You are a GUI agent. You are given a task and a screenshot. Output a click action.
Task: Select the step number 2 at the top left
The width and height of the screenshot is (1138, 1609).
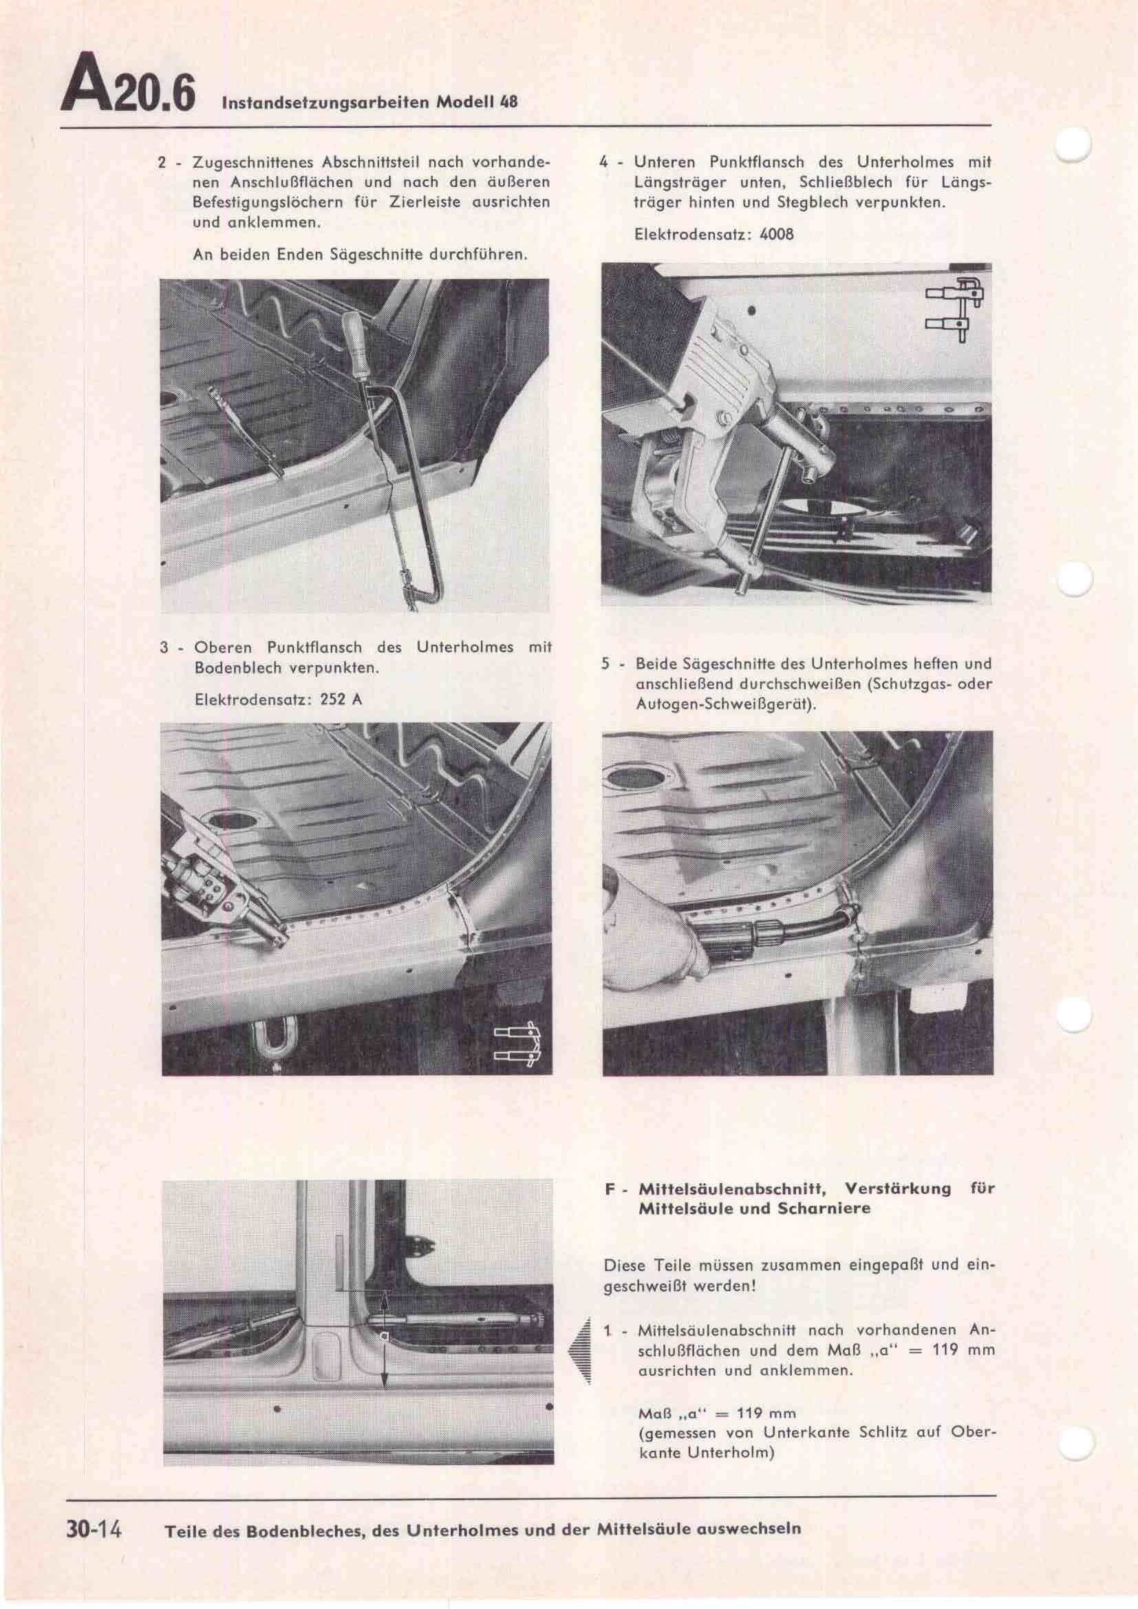(x=162, y=162)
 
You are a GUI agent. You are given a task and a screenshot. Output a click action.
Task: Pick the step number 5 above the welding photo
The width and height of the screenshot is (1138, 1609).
(x=605, y=664)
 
